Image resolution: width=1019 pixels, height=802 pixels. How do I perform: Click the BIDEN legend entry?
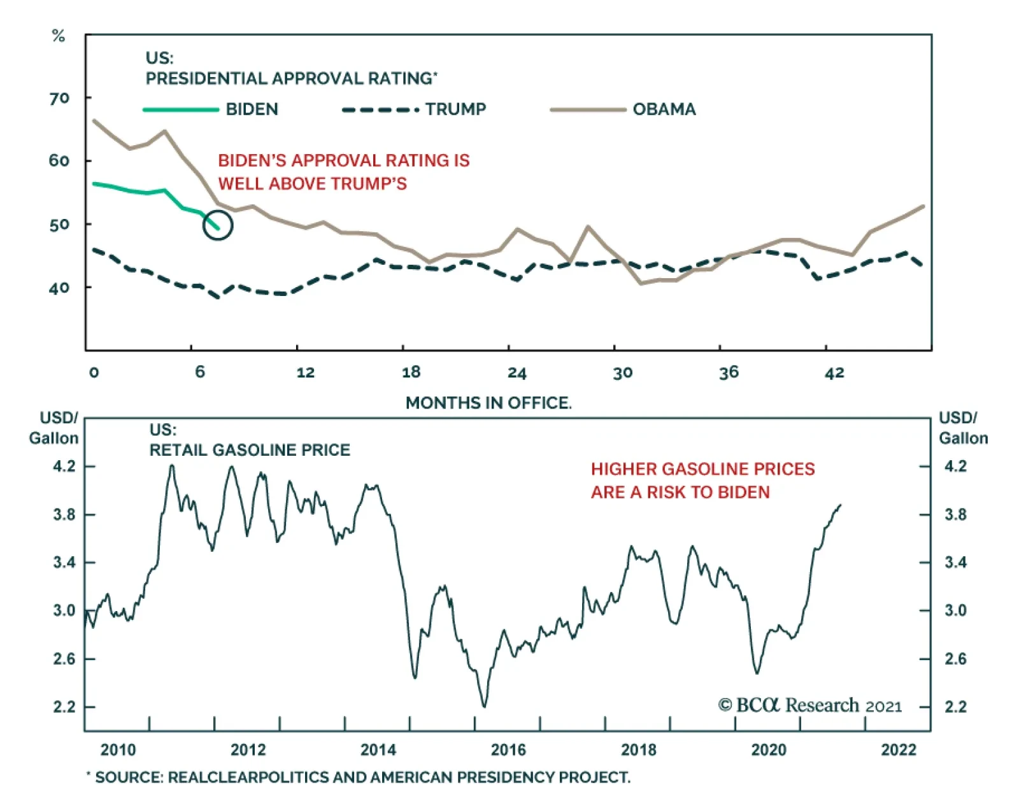(252, 109)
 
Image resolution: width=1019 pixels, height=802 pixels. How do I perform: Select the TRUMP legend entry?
(455, 109)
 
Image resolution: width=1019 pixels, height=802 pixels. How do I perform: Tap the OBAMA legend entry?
(664, 109)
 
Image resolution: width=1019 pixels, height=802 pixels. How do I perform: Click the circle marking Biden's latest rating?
(218, 225)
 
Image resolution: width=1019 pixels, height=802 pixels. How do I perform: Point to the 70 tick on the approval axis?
(59, 98)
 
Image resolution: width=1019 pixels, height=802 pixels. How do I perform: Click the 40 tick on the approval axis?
(59, 288)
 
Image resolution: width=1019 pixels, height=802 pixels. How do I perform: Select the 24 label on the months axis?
(517, 373)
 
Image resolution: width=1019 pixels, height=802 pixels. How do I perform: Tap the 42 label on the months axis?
(834, 373)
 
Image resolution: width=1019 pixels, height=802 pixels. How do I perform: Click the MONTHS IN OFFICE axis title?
(488, 403)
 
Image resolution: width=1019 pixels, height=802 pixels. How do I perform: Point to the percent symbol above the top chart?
(59, 36)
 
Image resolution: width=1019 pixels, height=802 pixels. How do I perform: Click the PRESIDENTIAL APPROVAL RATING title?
(291, 78)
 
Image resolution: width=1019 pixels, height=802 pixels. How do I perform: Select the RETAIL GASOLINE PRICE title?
(250, 450)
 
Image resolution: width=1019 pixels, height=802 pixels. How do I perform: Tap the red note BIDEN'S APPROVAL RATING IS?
(344, 160)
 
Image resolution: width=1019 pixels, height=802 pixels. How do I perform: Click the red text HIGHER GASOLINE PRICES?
(702, 469)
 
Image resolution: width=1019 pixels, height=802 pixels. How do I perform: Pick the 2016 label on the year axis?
(508, 750)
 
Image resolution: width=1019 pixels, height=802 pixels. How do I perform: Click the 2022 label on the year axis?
(899, 750)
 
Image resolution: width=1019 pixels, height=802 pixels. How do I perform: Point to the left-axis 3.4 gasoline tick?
(64, 563)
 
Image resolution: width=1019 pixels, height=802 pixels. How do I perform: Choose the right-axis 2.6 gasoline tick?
(955, 659)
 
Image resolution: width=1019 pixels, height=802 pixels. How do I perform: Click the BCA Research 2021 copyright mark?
(809, 705)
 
